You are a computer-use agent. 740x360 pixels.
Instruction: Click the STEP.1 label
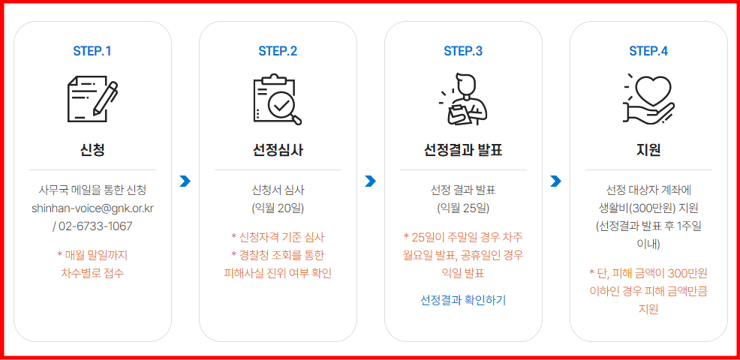coord(92,51)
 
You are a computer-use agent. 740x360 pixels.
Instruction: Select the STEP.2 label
coord(278,51)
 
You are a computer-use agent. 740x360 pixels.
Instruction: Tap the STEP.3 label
coord(463,51)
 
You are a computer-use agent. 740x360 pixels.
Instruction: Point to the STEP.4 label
coord(648,51)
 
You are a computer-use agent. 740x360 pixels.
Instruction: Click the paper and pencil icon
coord(92,100)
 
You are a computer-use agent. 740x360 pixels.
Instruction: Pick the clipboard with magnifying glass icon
coord(278,100)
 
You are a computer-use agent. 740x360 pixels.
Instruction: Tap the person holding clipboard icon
coord(463,100)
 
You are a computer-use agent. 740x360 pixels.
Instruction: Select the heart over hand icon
coord(648,100)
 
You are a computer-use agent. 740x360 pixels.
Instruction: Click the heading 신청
coord(92,150)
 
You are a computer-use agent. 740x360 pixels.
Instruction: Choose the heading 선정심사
coord(278,150)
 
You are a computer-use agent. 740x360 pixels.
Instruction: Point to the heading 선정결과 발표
coord(463,150)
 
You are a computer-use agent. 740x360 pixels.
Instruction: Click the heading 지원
coord(648,150)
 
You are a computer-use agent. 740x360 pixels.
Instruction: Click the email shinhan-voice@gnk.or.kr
coord(92,208)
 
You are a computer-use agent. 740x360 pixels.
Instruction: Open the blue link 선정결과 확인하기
coord(463,300)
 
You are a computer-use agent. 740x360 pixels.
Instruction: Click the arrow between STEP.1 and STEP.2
coord(185,181)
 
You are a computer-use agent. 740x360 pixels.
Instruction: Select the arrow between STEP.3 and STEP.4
coord(555,181)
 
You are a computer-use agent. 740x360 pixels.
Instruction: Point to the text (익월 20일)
coord(278,208)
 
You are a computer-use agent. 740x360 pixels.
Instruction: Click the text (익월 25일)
coord(463,208)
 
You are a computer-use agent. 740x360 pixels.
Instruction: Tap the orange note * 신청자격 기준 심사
coord(278,237)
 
